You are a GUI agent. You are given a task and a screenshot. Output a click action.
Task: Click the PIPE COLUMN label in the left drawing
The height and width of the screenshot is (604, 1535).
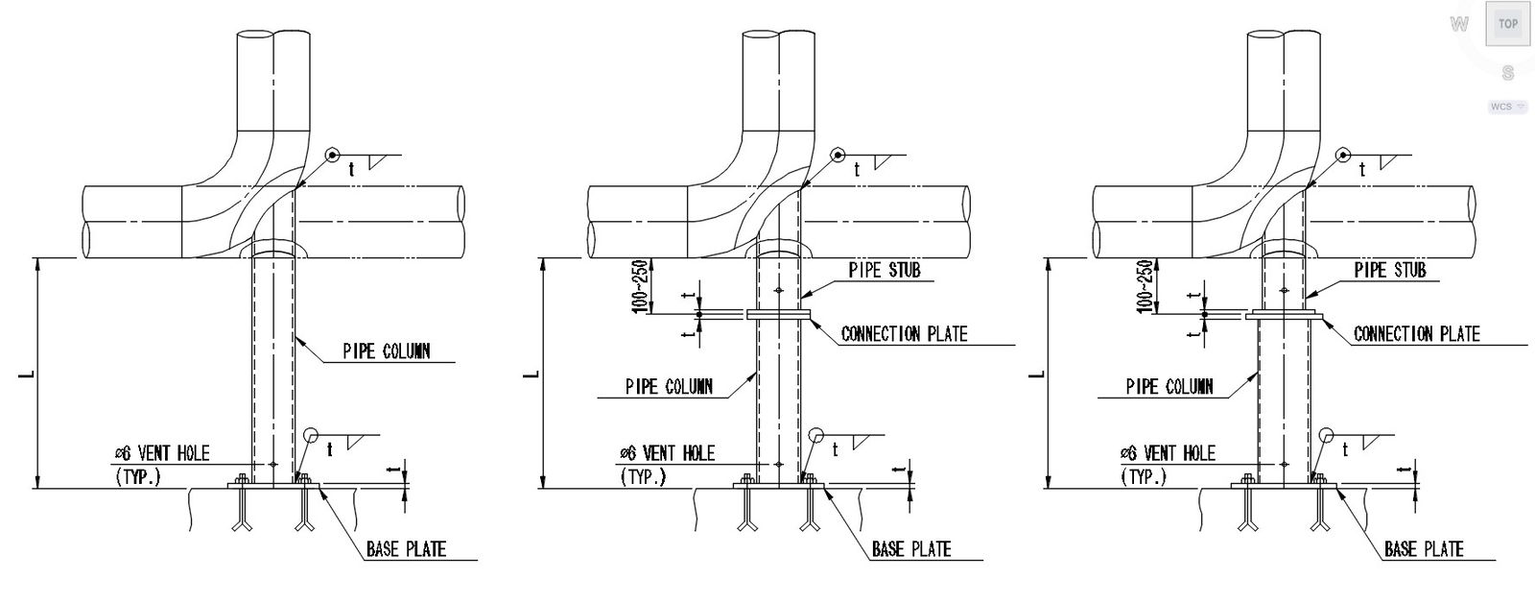click(x=387, y=351)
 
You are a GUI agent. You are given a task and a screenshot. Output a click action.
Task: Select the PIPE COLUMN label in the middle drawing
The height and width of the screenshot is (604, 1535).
click(x=669, y=387)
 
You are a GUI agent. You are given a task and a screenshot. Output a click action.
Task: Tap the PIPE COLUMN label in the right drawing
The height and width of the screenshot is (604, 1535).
click(x=1169, y=387)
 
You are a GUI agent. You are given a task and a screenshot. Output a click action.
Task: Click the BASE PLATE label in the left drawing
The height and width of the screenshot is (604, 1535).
click(x=407, y=549)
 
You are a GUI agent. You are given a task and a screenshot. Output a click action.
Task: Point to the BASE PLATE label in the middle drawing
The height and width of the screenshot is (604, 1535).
click(x=911, y=549)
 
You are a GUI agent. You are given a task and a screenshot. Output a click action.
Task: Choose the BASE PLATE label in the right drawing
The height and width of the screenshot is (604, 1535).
click(x=1424, y=549)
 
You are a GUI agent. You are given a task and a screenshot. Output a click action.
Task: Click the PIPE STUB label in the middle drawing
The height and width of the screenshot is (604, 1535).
click(x=885, y=270)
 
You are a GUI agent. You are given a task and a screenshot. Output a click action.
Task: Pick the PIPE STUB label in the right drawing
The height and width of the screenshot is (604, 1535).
click(x=1390, y=270)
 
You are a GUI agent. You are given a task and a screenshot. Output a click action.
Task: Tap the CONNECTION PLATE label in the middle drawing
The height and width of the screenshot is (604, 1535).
click(x=905, y=334)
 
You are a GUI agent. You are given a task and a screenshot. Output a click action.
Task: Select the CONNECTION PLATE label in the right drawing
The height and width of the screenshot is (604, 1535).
click(x=1417, y=334)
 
